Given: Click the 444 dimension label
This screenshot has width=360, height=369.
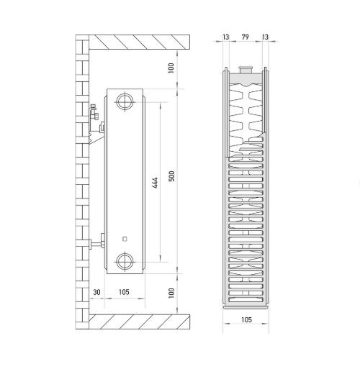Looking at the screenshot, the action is [x=156, y=183].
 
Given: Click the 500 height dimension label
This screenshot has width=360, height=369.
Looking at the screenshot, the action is [x=172, y=176].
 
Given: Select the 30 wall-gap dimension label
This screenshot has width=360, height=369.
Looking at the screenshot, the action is [x=96, y=292].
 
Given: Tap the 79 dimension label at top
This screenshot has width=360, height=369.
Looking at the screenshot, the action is [x=245, y=37].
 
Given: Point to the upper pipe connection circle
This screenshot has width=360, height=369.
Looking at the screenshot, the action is [x=125, y=101].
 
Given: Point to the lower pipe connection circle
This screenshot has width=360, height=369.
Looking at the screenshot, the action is [x=125, y=261].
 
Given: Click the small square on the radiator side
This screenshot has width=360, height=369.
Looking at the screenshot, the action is [x=125, y=239].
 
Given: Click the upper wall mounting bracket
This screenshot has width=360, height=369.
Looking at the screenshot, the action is [x=97, y=124].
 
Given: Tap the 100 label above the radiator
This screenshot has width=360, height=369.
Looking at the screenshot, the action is [x=171, y=68].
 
